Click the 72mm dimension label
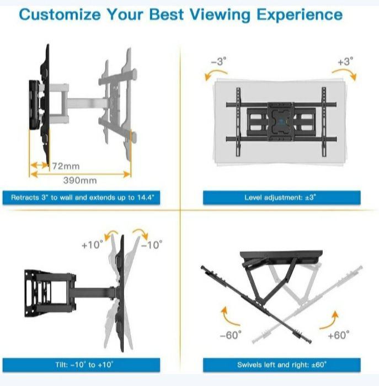click(66, 166)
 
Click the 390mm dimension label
click(80, 181)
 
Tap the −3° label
click(218, 61)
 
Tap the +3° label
click(345, 61)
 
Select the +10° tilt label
click(92, 245)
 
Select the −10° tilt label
click(152, 245)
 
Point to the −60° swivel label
click(231, 335)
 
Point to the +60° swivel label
click(339, 335)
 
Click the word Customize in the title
click(60, 14)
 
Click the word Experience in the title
click(300, 15)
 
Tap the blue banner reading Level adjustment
click(281, 198)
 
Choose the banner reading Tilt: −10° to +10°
click(81, 365)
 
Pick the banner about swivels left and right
click(281, 365)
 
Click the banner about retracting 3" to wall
click(81, 198)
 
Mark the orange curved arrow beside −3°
click(215, 73)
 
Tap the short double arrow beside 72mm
click(39, 165)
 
